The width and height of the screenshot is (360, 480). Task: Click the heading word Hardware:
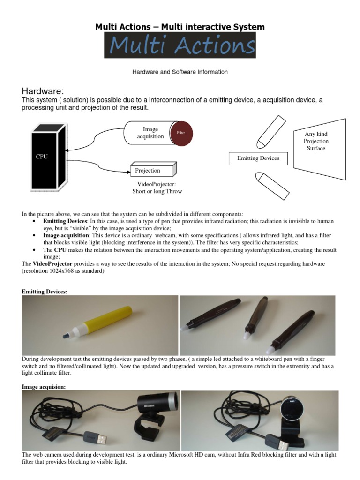(43, 90)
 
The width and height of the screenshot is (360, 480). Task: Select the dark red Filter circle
(181, 133)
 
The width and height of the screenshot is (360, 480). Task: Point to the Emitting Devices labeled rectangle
(258, 158)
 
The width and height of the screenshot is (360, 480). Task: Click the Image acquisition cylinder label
(150, 133)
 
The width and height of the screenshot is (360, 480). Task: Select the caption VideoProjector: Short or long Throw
(157, 187)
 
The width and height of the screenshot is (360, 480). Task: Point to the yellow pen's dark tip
(65, 336)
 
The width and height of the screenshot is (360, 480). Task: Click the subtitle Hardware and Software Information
(180, 72)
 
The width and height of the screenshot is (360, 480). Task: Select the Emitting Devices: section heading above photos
(45, 292)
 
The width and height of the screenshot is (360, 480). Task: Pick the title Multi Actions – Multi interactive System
(180, 27)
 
